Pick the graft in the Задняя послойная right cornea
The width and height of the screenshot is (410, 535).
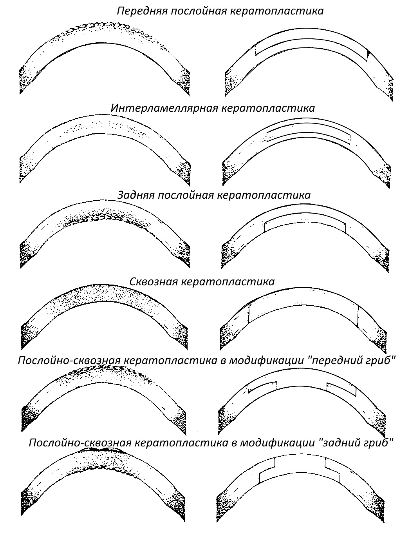pyautogui.click(x=305, y=221)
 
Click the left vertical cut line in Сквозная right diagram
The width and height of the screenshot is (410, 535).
pyautogui.click(x=249, y=314)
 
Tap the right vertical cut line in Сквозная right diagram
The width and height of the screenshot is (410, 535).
pyautogui.click(x=359, y=316)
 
